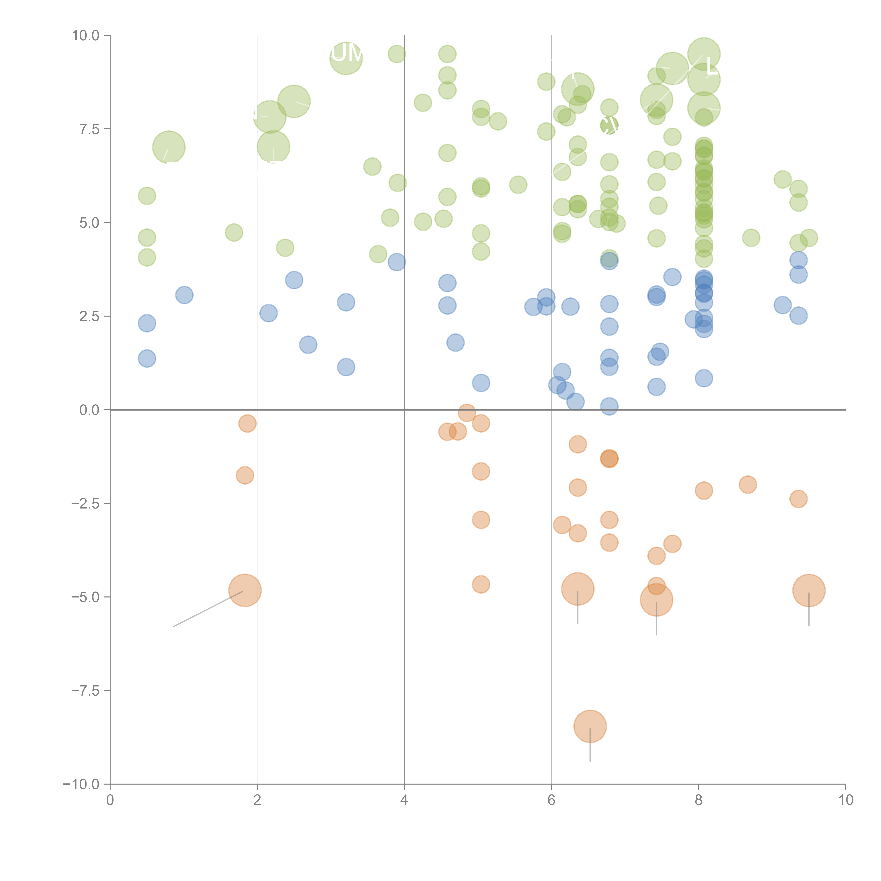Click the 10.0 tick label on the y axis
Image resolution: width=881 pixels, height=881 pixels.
click(x=86, y=36)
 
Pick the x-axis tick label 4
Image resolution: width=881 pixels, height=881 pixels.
click(x=404, y=800)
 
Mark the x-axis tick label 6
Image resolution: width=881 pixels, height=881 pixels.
click(x=551, y=800)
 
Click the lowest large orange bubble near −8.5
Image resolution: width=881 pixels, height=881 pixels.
click(x=590, y=726)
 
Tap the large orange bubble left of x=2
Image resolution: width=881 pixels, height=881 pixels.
click(x=245, y=590)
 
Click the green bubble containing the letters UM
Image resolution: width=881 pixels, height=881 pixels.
click(x=346, y=58)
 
